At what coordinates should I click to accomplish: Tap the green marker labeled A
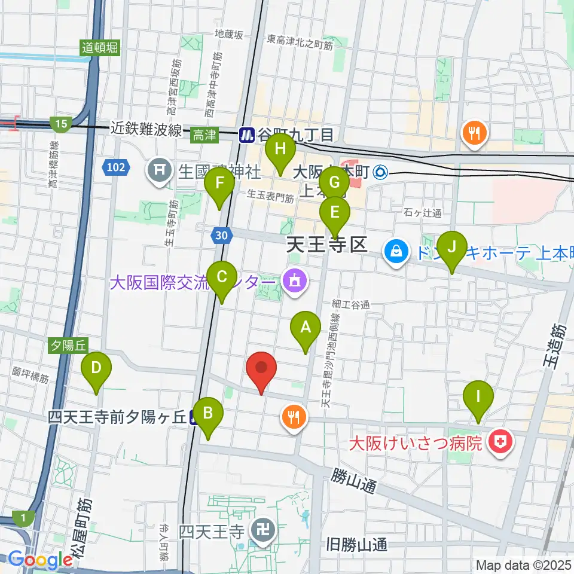pos(306,329)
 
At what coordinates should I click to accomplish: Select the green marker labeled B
pos(207,415)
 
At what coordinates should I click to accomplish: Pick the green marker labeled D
pos(96,370)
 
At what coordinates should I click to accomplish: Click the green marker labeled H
pos(281,149)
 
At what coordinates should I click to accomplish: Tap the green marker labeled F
pos(219,184)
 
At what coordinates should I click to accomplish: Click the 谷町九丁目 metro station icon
pos(246,136)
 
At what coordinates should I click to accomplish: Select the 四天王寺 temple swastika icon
pos(262,530)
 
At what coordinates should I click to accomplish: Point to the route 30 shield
pos(221,236)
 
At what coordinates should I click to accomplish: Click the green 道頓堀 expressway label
pos(100,48)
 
